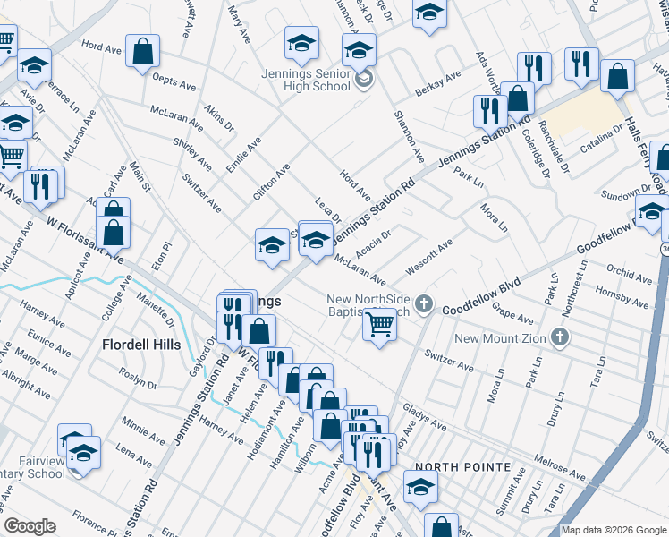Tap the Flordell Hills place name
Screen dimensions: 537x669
point(141,345)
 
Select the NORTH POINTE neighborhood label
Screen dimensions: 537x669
point(462,467)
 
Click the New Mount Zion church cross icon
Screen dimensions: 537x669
point(560,337)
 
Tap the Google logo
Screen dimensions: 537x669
point(30,526)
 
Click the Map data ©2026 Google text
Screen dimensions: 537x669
point(614,530)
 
